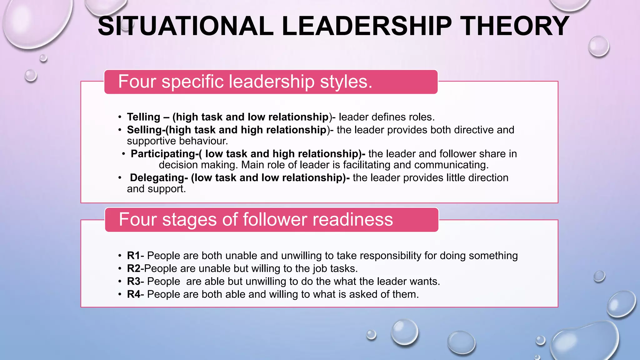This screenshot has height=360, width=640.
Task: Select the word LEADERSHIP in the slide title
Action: pos(367,26)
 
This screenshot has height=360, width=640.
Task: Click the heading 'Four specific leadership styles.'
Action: pos(245,82)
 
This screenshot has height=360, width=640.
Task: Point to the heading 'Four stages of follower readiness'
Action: pos(256,220)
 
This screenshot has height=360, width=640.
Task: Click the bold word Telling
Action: pos(143,117)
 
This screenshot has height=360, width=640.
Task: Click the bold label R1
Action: pos(133,256)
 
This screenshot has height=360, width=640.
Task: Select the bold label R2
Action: pos(133,269)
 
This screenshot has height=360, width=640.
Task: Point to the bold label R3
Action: pos(133,282)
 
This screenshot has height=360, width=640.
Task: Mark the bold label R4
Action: pos(133,294)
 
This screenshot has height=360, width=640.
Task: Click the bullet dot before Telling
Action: pos(120,117)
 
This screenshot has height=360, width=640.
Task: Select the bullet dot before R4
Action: pos(120,295)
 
